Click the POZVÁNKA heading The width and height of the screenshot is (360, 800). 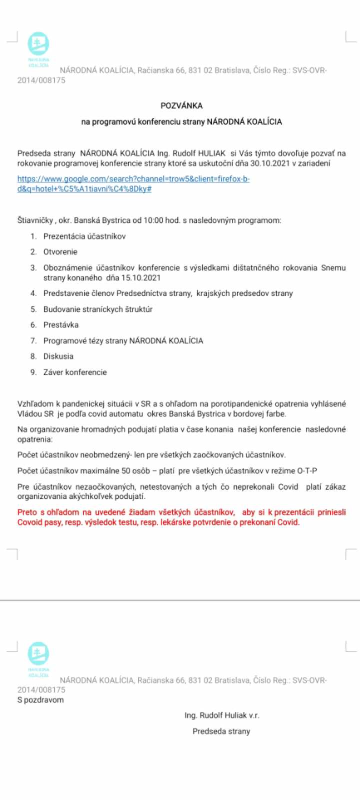click(x=181, y=105)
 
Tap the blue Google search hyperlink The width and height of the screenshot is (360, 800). click(x=133, y=183)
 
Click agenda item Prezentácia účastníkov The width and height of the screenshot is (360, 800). click(x=84, y=236)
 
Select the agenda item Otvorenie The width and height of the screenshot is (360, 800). click(x=60, y=251)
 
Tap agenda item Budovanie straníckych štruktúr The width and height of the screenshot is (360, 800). click(x=98, y=309)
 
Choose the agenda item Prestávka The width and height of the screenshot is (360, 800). click(x=61, y=324)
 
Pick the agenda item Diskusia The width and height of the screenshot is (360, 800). click(x=58, y=356)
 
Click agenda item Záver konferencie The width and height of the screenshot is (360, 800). click(x=75, y=372)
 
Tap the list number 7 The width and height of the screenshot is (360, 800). click(x=33, y=340)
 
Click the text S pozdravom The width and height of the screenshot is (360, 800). click(x=40, y=699)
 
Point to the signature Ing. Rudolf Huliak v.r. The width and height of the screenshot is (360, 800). click(x=221, y=715)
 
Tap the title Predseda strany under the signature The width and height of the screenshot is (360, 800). click(x=221, y=731)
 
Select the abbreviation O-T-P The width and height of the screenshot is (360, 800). click(x=307, y=470)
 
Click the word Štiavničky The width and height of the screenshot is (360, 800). click(x=35, y=220)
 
